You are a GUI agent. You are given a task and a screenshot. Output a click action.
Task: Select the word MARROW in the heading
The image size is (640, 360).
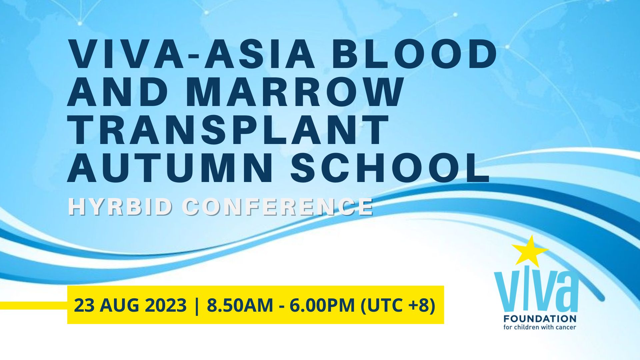click(x=298, y=92)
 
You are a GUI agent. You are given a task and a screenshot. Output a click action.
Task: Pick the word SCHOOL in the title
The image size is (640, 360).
click(x=390, y=168)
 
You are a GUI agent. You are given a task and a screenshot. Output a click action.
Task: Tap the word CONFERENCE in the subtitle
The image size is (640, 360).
click(x=279, y=207)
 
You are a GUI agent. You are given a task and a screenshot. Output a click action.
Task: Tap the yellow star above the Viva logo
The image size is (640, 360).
click(x=530, y=250)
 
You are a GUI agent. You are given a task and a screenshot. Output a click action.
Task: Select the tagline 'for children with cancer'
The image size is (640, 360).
click(x=540, y=327)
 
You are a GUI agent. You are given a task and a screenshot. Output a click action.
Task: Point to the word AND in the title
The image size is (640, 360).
click(x=122, y=92)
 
